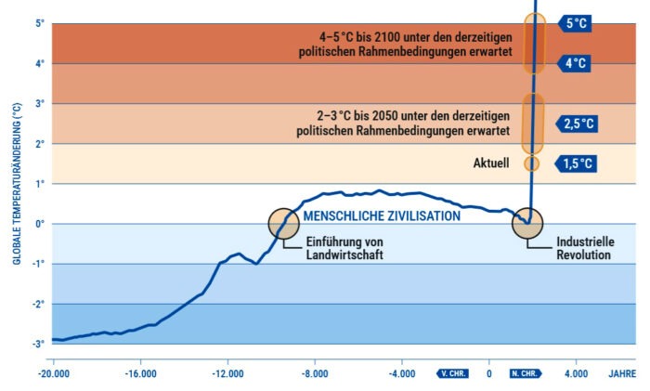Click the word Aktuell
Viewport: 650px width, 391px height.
(492, 163)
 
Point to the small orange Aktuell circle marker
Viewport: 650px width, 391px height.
(532, 163)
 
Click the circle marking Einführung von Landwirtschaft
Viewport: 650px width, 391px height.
(283, 223)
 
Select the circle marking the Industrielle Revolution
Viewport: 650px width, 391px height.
(527, 223)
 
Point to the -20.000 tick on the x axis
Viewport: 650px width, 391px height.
(53, 374)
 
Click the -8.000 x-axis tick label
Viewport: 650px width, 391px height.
(316, 374)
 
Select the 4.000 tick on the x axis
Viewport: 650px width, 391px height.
(577, 374)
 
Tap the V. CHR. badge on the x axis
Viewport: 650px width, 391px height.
(453, 374)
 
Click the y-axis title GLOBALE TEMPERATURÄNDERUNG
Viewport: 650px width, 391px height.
(17, 183)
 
